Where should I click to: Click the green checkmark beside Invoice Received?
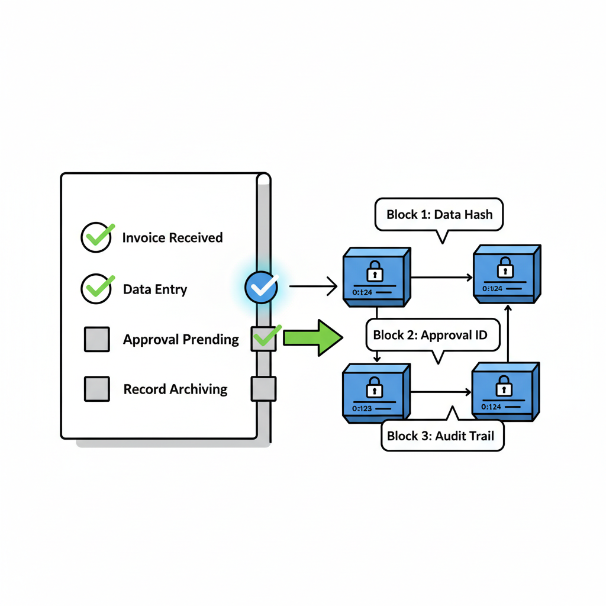pos(97,237)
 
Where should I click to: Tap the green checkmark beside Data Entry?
pos(97,289)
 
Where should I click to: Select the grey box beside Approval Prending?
pos(97,339)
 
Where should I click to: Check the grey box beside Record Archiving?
pos(97,389)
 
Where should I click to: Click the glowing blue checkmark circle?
pos(261,288)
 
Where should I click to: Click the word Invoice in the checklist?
pos(142,238)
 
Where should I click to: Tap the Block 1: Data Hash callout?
pos(439,214)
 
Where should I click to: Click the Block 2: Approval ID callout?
pos(430,336)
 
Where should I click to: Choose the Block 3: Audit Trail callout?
pos(443,436)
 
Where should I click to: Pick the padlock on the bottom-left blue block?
pos(375,389)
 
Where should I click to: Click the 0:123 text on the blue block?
pos(362,408)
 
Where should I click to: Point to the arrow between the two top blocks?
pos(441,276)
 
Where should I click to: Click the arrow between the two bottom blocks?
pos(441,392)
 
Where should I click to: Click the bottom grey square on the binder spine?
pos(263,389)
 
